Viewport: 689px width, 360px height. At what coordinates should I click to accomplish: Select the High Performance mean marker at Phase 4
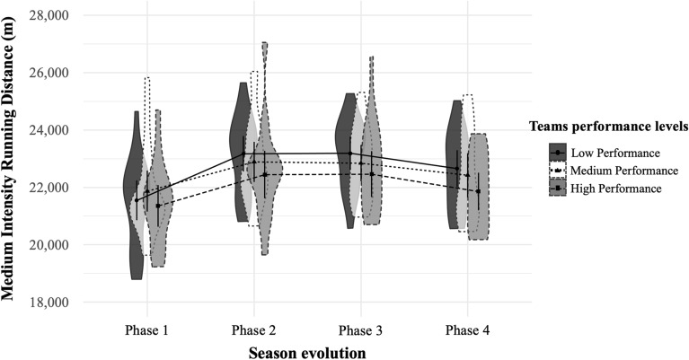point(478,191)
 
